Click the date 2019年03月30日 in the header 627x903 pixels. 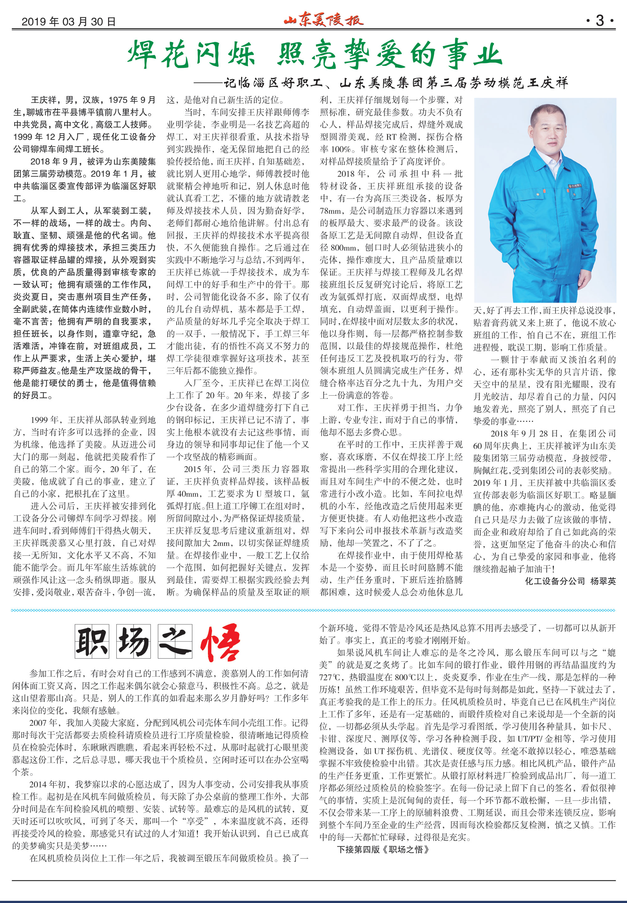pyautogui.click(x=69, y=21)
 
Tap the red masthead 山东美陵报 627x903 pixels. pyautogui.click(x=323, y=20)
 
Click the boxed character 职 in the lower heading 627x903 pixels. pyautogui.click(x=92, y=641)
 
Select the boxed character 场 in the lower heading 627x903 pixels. pyautogui.click(x=134, y=641)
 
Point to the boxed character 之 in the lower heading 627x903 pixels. pyautogui.click(x=175, y=641)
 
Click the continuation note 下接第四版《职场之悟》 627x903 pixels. pyautogui.click(x=383, y=850)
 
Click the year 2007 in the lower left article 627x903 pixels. pyautogui.click(x=38, y=723)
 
